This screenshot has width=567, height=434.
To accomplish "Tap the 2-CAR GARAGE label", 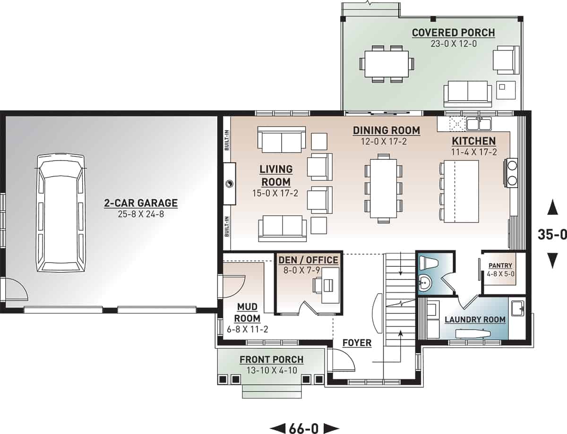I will point(141,204).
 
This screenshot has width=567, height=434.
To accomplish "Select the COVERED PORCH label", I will point(453,33).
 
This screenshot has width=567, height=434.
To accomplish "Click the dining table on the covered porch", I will point(387,63).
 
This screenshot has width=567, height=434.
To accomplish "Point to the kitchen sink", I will point(479,124).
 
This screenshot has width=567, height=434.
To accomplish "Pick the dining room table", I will point(383,188).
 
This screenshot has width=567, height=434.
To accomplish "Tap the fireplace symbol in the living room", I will point(229,184).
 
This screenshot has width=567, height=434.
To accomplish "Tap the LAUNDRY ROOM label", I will point(475,320).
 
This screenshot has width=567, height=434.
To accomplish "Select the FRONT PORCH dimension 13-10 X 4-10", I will point(271,370).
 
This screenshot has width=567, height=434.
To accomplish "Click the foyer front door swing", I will point(344,362).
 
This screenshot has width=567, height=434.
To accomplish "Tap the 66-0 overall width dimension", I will point(304,428).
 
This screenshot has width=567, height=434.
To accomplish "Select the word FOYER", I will point(357,343).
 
